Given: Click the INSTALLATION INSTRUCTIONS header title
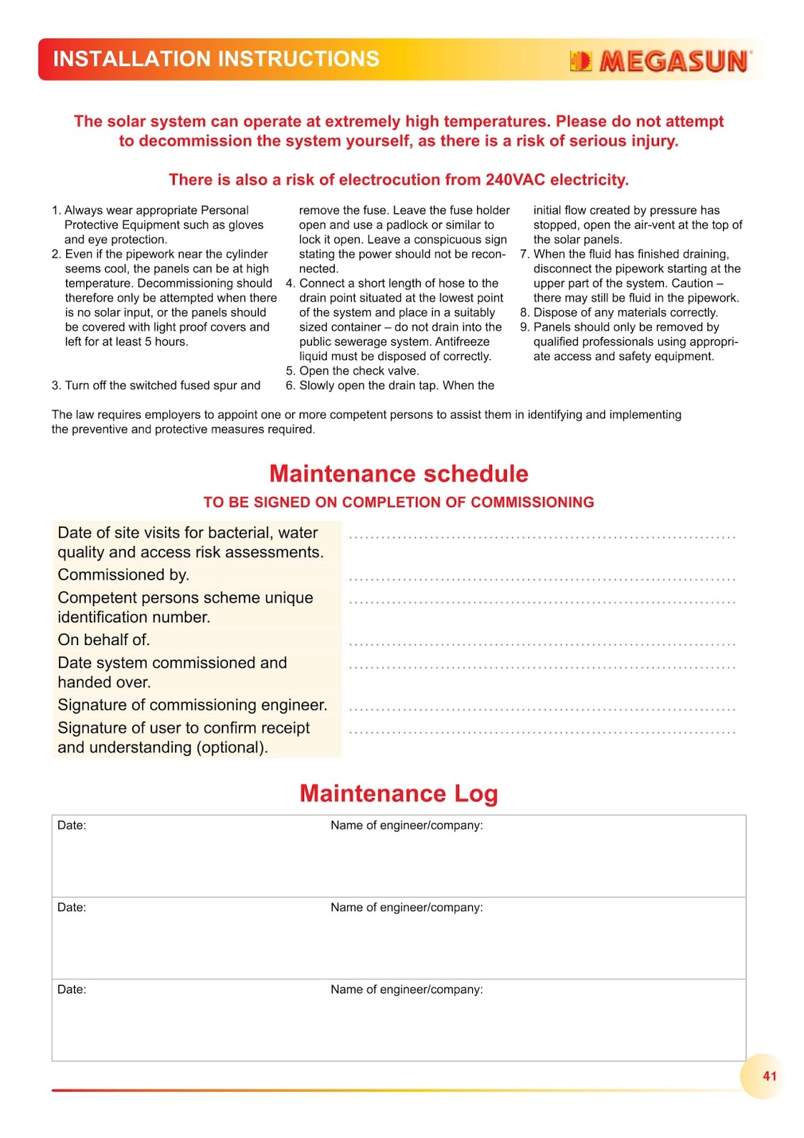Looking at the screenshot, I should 216,59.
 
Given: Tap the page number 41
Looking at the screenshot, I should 769,1076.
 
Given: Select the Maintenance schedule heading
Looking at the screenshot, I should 399,474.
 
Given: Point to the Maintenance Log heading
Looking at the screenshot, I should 399,793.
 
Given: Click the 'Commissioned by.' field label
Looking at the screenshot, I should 123,575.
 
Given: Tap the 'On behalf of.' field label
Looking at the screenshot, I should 104,640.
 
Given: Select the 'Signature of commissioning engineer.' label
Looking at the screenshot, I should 192,705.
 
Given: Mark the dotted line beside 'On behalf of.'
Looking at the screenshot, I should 542,644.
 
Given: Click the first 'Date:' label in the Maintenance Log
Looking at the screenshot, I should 72,825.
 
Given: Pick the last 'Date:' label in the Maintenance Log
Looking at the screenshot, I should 72,989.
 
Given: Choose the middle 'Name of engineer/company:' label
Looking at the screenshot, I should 407,908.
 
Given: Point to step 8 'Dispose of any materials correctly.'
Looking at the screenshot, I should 626,312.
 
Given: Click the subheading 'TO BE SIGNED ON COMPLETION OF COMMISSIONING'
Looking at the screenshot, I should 399,502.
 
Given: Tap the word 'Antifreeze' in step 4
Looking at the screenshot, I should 462,341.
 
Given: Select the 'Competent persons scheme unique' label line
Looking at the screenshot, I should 186,597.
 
